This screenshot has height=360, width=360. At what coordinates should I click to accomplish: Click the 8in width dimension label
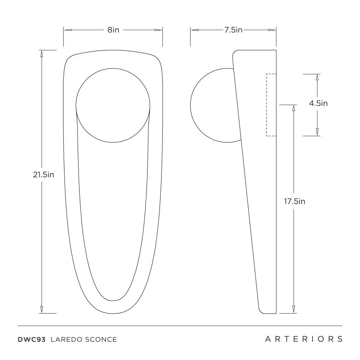point(113,30)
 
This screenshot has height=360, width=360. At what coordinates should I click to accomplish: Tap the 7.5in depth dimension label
point(233,30)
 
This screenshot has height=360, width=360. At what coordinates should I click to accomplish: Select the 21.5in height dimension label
point(44,175)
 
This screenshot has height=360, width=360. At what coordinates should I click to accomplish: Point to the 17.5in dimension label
point(294,201)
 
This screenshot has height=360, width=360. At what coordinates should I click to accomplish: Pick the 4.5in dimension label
point(318,103)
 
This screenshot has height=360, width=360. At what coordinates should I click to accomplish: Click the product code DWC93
point(32,339)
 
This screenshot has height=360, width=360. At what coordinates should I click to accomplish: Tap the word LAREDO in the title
point(67,339)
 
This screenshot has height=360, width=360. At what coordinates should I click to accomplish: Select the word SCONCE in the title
point(101,339)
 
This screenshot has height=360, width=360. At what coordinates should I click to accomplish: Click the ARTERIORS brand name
point(304,339)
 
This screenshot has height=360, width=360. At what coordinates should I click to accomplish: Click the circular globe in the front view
point(113,105)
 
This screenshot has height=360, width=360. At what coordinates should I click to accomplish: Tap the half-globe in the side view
point(216,105)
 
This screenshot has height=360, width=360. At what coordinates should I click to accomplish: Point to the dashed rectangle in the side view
point(271,105)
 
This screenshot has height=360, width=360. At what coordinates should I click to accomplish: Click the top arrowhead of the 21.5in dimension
point(41,54)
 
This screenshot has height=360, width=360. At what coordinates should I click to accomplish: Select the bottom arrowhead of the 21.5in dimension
point(41,310)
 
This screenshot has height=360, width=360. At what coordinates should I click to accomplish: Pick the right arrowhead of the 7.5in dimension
point(272,30)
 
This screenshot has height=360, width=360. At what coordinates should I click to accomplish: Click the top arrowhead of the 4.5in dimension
point(317,78)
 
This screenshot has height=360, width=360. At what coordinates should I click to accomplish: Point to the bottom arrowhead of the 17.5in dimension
point(293,310)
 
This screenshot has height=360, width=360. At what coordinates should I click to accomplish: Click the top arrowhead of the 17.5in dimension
point(293,109)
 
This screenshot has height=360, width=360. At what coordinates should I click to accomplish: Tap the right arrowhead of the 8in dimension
point(158,30)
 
